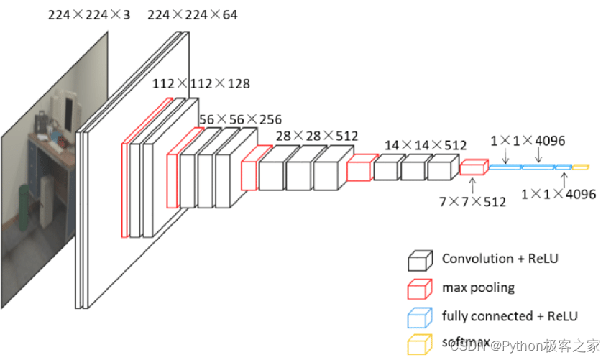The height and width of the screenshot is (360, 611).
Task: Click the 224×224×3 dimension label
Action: pyautogui.click(x=89, y=14)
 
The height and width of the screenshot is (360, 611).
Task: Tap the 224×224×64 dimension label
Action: pyautogui.click(x=192, y=14)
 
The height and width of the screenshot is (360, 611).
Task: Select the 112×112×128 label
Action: pyautogui.click(x=201, y=84)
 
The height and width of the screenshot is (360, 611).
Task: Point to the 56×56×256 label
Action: pyautogui.click(x=240, y=119)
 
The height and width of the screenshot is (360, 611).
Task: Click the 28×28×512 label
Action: pyautogui.click(x=317, y=136)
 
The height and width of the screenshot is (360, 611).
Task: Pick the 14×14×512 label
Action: pyautogui.click(x=426, y=145)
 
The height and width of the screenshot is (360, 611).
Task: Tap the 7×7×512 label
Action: pyautogui.click(x=472, y=202)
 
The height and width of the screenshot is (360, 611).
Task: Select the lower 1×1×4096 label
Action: pyautogui.click(x=559, y=194)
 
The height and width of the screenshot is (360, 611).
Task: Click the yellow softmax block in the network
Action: pyautogui.click(x=581, y=167)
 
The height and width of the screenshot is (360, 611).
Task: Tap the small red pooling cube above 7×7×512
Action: pyautogui.click(x=473, y=167)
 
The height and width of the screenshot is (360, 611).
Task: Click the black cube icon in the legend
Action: pyautogui.click(x=420, y=259)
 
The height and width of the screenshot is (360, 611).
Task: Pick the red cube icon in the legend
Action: pyautogui.click(x=420, y=288)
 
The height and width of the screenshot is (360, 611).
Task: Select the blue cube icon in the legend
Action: pyautogui.click(x=420, y=317)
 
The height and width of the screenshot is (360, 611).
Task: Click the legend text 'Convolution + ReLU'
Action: pyautogui.click(x=500, y=259)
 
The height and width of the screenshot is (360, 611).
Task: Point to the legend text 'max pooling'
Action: pyautogui.click(x=478, y=288)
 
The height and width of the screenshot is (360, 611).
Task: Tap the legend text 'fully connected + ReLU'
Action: pyautogui.click(x=510, y=316)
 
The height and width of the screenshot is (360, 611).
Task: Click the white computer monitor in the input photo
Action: pyautogui.click(x=68, y=111)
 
